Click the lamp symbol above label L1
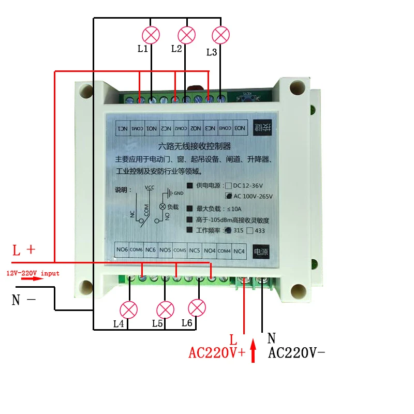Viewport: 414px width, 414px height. (x=151, y=35)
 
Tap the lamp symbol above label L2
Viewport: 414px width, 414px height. (x=186, y=35)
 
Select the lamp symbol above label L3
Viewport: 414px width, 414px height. (x=221, y=35)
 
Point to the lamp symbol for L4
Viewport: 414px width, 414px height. (x=128, y=310)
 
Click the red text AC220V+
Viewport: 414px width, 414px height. (x=217, y=353)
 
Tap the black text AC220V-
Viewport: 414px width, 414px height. (x=297, y=353)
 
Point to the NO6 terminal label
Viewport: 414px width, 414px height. (x=122, y=250)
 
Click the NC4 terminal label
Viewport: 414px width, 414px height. (x=239, y=251)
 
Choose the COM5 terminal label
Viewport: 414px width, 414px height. (x=180, y=251)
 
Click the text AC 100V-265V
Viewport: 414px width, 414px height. (x=253, y=196)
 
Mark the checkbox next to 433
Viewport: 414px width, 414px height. (x=250, y=231)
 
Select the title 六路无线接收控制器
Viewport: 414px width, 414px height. (x=194, y=146)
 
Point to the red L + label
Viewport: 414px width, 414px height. (x=24, y=250)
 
